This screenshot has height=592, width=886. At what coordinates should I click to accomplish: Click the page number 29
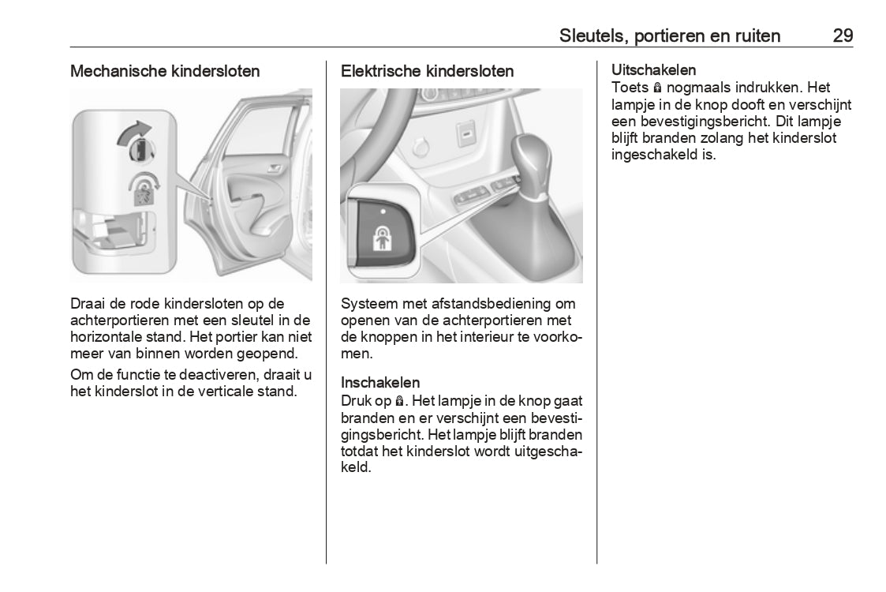pos(842,36)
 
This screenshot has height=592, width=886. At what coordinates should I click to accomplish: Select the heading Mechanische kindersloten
pos(165,71)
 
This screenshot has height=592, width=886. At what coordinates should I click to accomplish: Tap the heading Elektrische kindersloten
pos(427,71)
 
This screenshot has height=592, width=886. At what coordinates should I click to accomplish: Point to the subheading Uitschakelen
pos(653,71)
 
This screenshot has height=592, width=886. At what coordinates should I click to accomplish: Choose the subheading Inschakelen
pos(380,383)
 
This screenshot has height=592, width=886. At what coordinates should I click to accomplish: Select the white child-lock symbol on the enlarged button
pos(382,237)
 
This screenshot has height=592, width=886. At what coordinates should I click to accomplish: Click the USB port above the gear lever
pos(467,134)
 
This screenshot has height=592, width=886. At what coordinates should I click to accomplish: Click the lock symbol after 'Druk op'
pos(399,401)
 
